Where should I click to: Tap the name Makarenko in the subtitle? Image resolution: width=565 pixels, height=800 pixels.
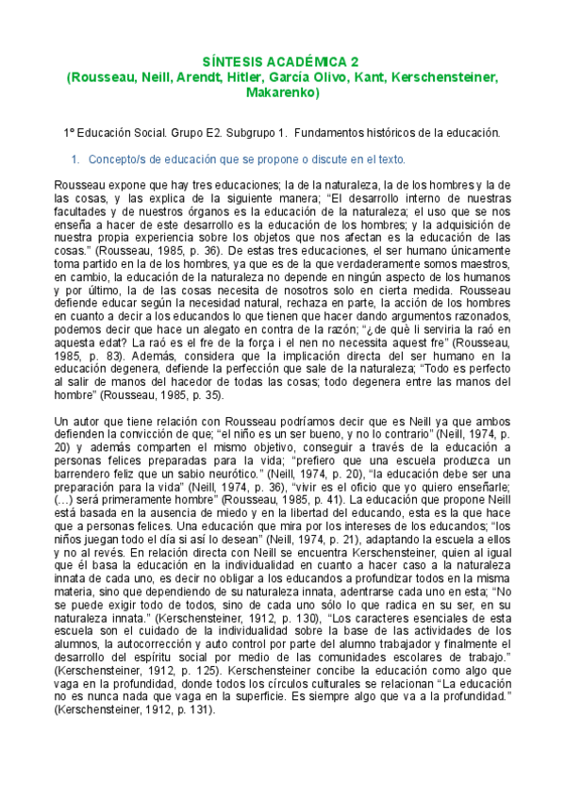(282, 93)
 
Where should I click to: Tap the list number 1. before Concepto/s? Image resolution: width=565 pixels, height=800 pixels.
(76, 159)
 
